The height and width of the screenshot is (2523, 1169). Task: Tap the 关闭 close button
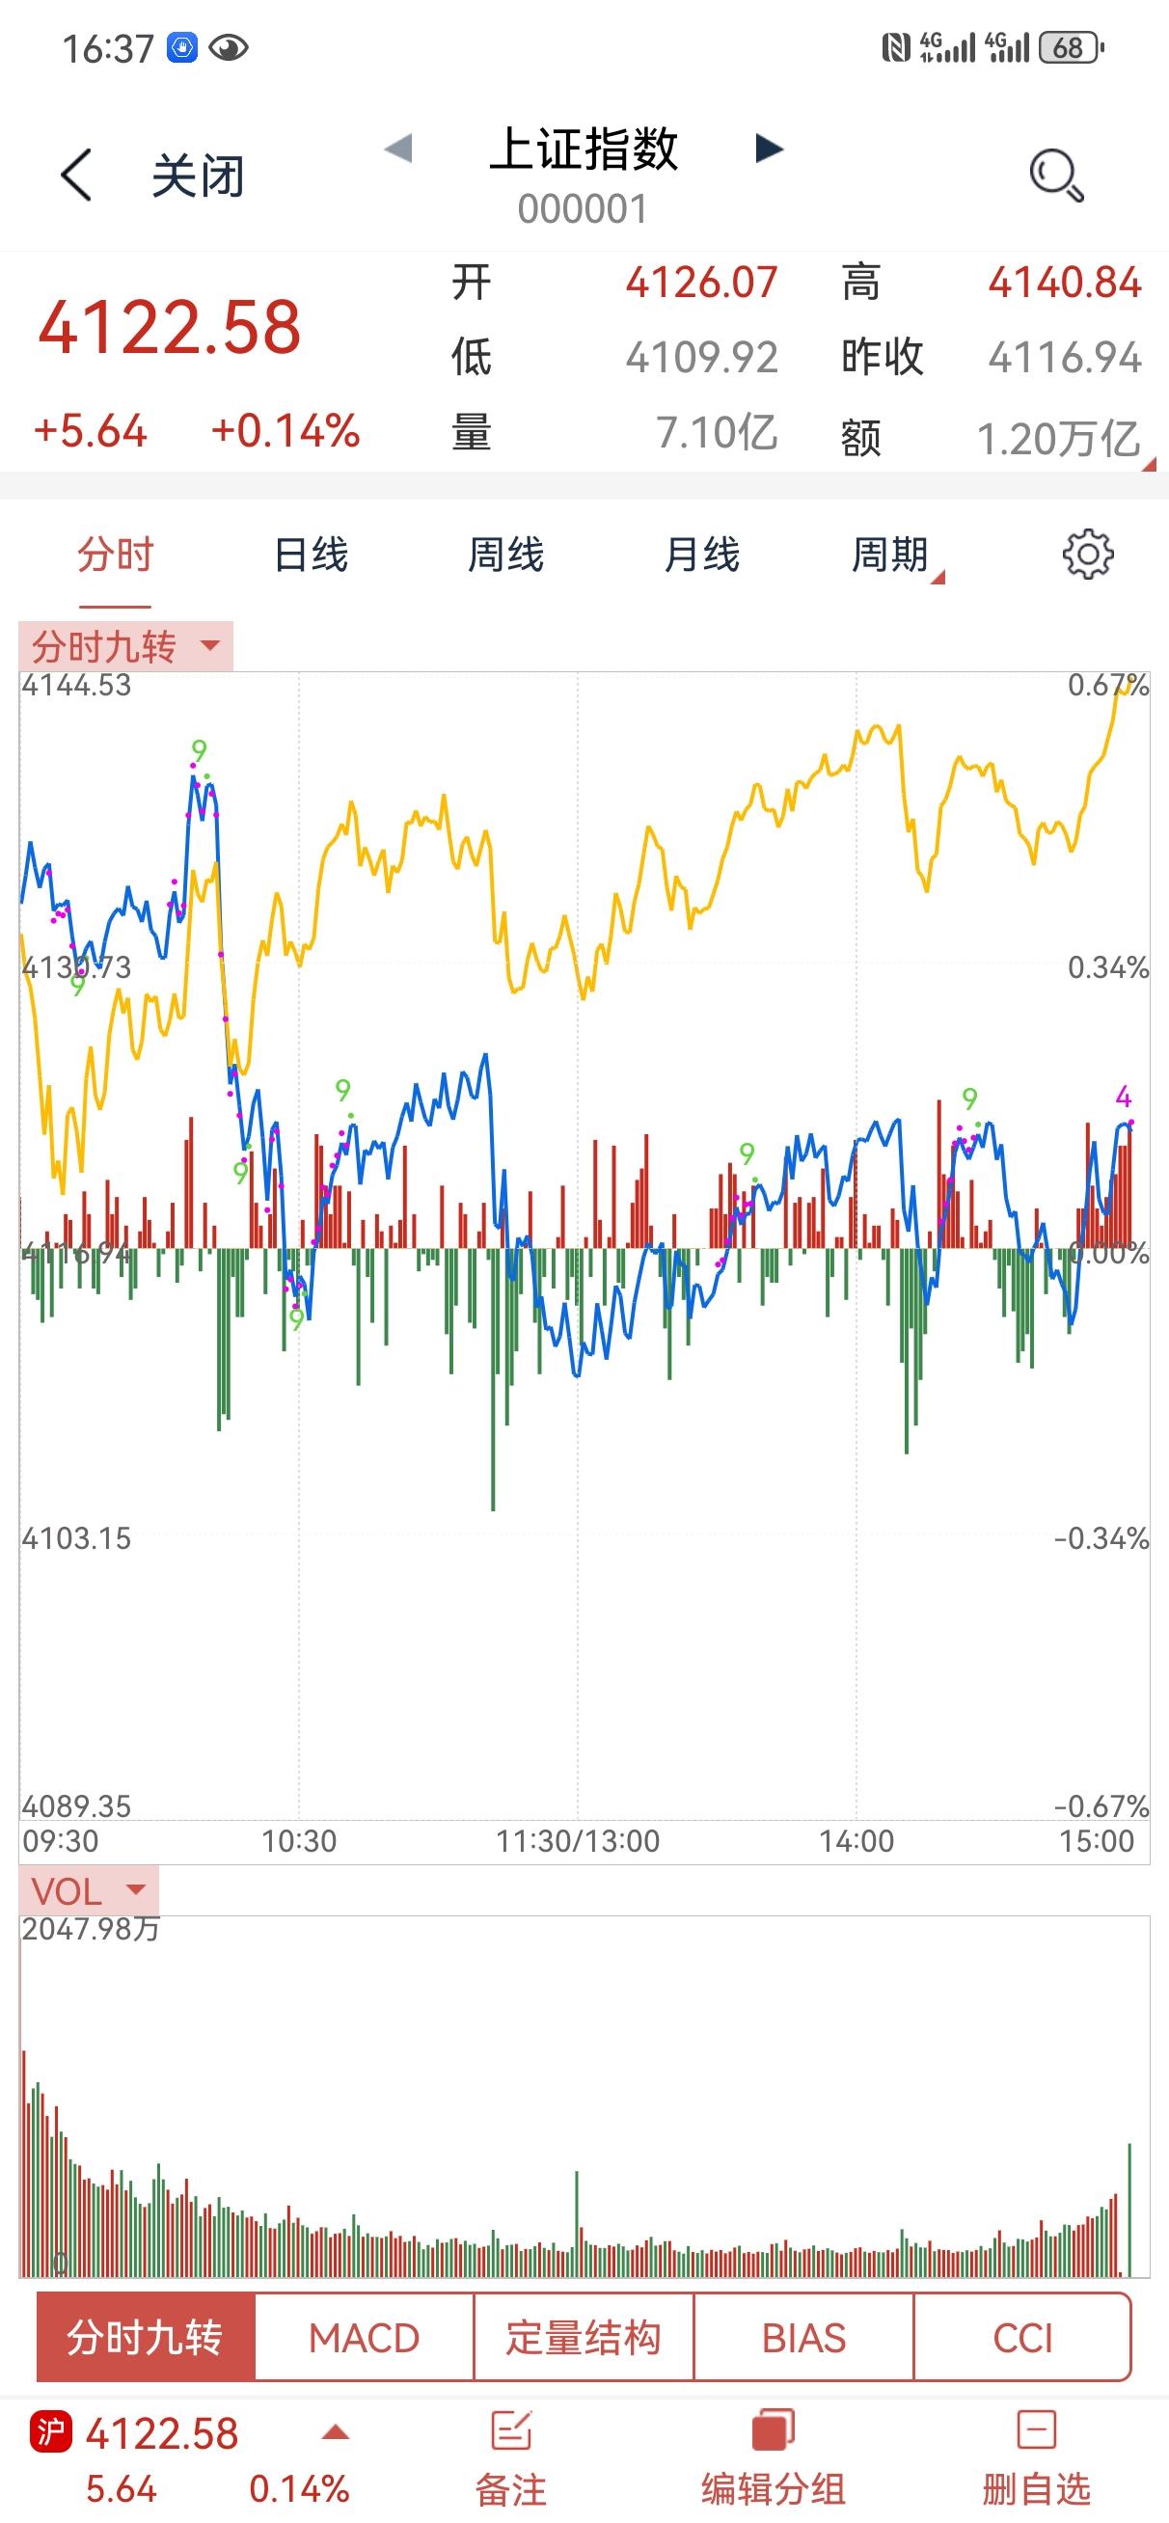pos(197,177)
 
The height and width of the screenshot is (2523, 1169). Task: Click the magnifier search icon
pos(1055,176)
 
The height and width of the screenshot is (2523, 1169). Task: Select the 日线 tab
pos(311,556)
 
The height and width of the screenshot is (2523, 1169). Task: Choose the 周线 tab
pos(505,556)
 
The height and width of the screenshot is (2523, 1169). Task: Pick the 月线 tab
pos(701,556)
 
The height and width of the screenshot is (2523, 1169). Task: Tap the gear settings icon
pos(1088,556)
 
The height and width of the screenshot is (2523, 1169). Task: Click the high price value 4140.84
pos(1064,283)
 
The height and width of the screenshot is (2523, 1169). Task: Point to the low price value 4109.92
pos(701,358)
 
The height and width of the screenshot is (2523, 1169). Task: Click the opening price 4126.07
pos(701,283)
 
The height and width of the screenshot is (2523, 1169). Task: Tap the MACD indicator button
pos(364,2339)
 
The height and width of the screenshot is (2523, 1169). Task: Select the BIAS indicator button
pos(803,2339)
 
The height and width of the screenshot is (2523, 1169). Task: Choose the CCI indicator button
pos(1022,2339)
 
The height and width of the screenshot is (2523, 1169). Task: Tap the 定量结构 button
pos(583,2339)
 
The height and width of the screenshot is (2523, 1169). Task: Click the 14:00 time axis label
pos(856,1841)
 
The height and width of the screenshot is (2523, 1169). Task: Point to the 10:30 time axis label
pos(299,1841)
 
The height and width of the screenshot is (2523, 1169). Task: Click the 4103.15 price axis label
pos(76,1538)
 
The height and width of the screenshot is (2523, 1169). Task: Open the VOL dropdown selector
pos(88,1891)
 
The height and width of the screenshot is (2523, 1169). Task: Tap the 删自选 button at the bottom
pos(1036,2458)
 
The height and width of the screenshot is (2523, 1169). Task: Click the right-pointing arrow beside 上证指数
pos(770,149)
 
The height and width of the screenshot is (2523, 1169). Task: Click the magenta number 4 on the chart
pos(1123,1096)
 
